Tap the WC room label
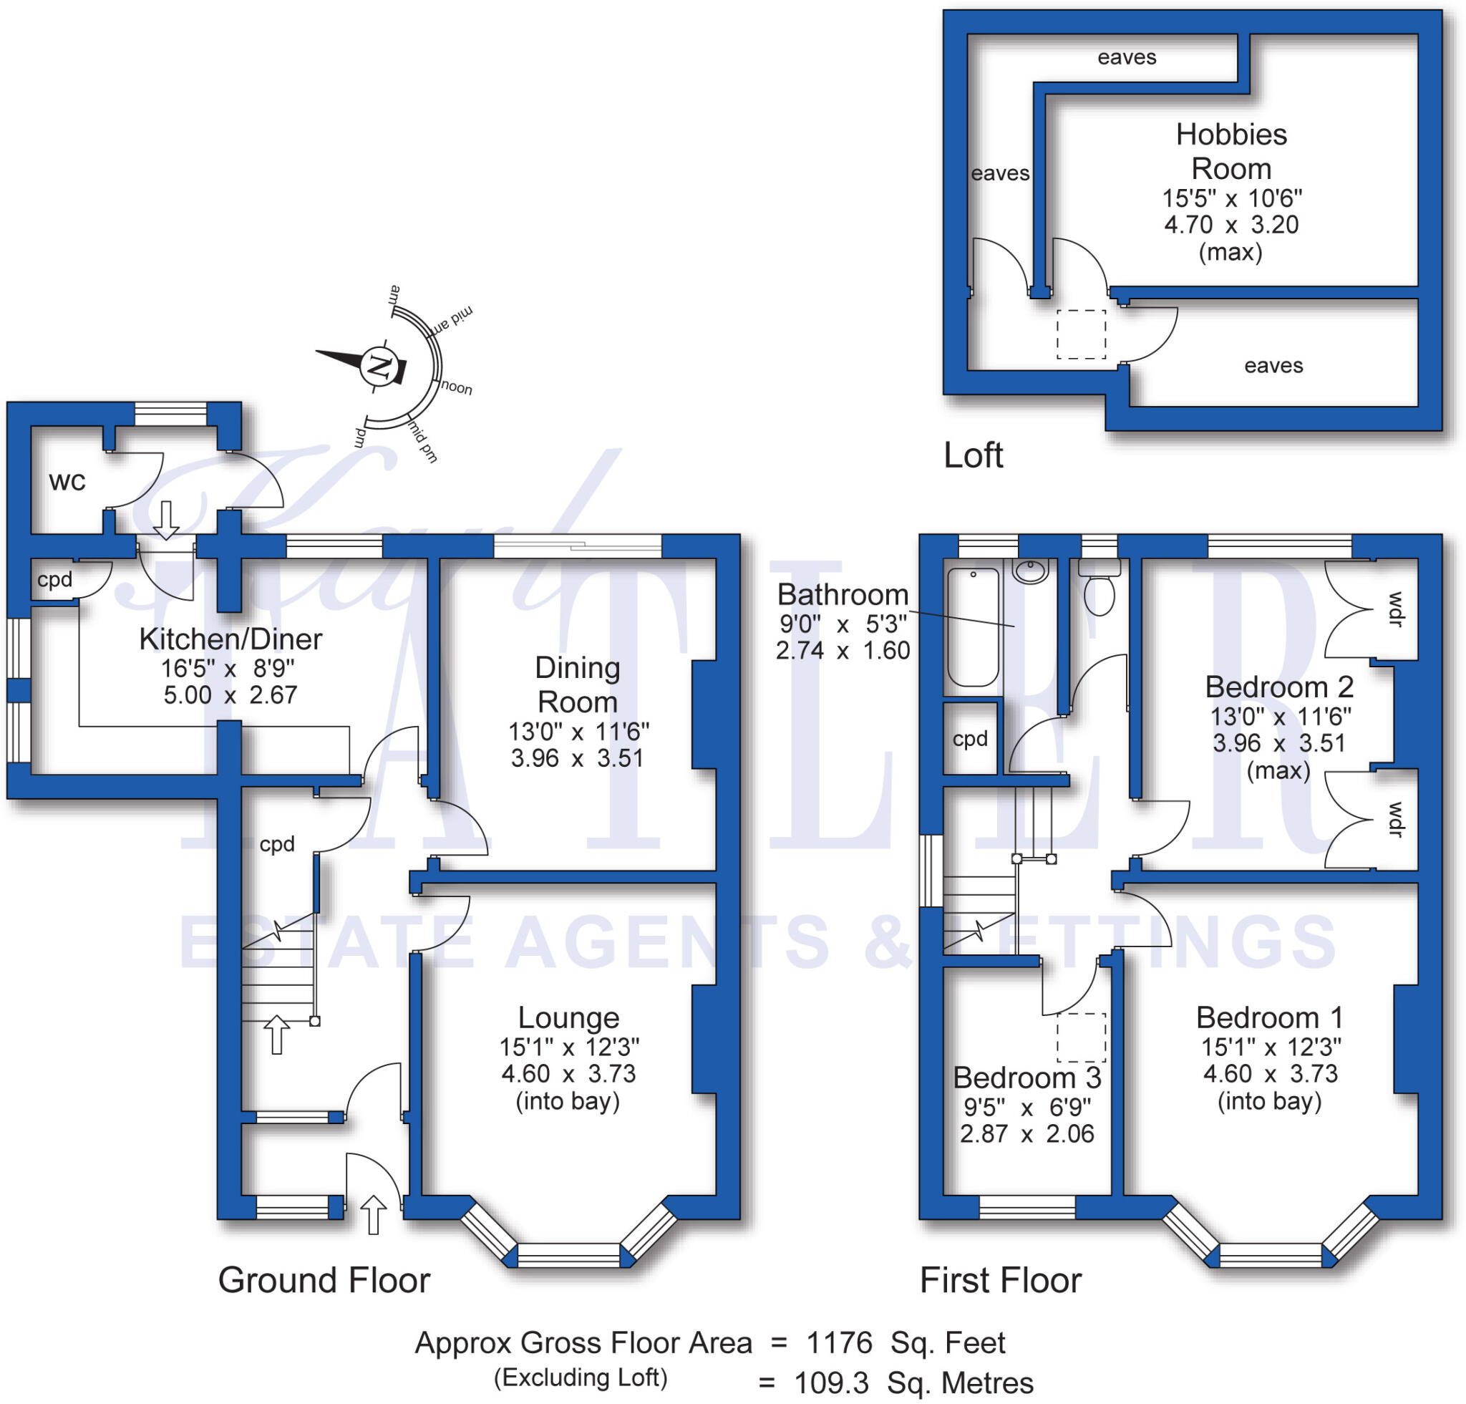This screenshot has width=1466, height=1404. (x=67, y=482)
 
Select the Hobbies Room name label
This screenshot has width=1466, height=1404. (x=1231, y=152)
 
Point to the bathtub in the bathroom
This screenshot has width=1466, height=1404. (x=972, y=627)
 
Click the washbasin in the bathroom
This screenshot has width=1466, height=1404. (x=1031, y=571)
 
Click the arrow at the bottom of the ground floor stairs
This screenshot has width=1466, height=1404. (x=277, y=1035)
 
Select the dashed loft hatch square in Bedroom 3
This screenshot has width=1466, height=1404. (x=1081, y=1037)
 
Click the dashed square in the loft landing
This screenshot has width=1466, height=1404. (x=1081, y=334)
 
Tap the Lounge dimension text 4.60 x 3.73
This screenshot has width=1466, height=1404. (x=568, y=1074)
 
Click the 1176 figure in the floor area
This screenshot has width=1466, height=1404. (x=839, y=1342)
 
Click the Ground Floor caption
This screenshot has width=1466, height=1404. (x=324, y=1280)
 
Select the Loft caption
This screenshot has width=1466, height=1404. (x=973, y=455)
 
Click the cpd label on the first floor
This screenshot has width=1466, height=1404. (x=970, y=739)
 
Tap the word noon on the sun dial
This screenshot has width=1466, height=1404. (x=456, y=387)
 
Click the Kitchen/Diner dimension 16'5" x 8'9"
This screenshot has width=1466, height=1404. (x=228, y=667)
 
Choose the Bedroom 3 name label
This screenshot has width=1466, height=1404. (x=1027, y=1078)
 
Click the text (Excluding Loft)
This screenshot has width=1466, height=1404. (x=581, y=1377)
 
